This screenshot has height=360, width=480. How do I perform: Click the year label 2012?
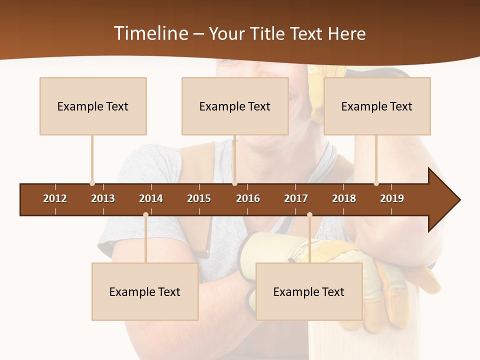(55, 198)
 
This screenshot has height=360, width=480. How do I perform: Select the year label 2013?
(103, 198)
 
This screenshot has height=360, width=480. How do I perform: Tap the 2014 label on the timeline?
(151, 198)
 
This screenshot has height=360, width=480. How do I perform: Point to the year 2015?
(199, 198)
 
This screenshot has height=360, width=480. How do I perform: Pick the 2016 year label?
(248, 198)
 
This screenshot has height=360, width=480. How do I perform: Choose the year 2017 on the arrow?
(296, 198)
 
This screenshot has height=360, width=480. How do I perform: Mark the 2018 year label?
(344, 198)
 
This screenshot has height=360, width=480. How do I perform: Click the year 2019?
(392, 198)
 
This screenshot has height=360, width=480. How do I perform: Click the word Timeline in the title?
(150, 33)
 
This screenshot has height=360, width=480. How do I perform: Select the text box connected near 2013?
(93, 106)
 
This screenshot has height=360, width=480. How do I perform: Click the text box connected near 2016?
(235, 106)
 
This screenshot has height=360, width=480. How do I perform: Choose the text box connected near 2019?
(377, 106)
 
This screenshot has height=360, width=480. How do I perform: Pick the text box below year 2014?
(145, 291)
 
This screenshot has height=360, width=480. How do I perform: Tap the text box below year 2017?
(309, 291)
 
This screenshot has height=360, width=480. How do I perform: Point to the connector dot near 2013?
(92, 183)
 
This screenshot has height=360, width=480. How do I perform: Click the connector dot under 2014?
(145, 214)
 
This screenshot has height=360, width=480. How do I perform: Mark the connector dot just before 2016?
(235, 183)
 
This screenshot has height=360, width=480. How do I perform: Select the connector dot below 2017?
(309, 214)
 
